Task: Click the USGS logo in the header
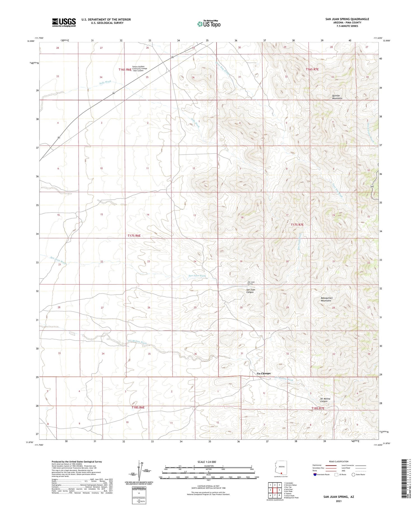[64, 22]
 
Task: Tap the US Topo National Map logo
[209, 24]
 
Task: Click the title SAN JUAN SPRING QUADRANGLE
[347, 19]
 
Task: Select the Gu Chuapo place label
[264, 373]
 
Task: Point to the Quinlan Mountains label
[337, 97]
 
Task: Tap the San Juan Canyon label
[250, 291]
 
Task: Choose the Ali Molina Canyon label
[325, 400]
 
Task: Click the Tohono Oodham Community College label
[139, 69]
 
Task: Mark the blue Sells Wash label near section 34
[105, 82]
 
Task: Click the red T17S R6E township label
[134, 236]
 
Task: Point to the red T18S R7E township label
[318, 408]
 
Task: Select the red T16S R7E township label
[312, 69]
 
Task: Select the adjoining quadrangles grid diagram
[275, 490]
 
